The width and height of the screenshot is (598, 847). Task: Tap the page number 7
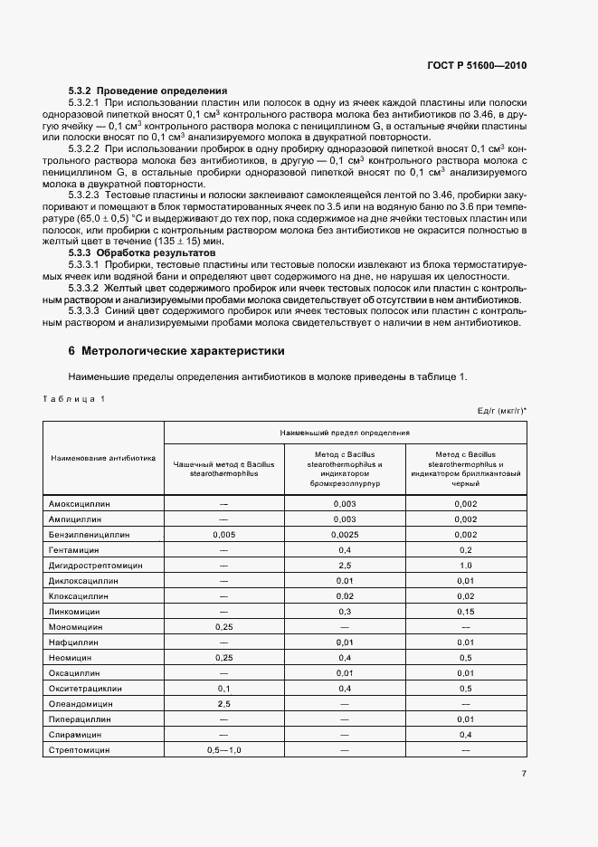524,773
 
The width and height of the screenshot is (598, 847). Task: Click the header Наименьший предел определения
345,433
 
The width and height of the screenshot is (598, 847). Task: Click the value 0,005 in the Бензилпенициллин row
223,534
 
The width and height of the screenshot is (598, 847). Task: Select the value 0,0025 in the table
345,534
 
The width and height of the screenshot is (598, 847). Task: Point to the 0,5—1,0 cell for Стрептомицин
223,750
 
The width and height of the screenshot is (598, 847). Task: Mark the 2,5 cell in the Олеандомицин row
223,703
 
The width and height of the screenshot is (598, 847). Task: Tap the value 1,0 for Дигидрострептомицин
465,566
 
